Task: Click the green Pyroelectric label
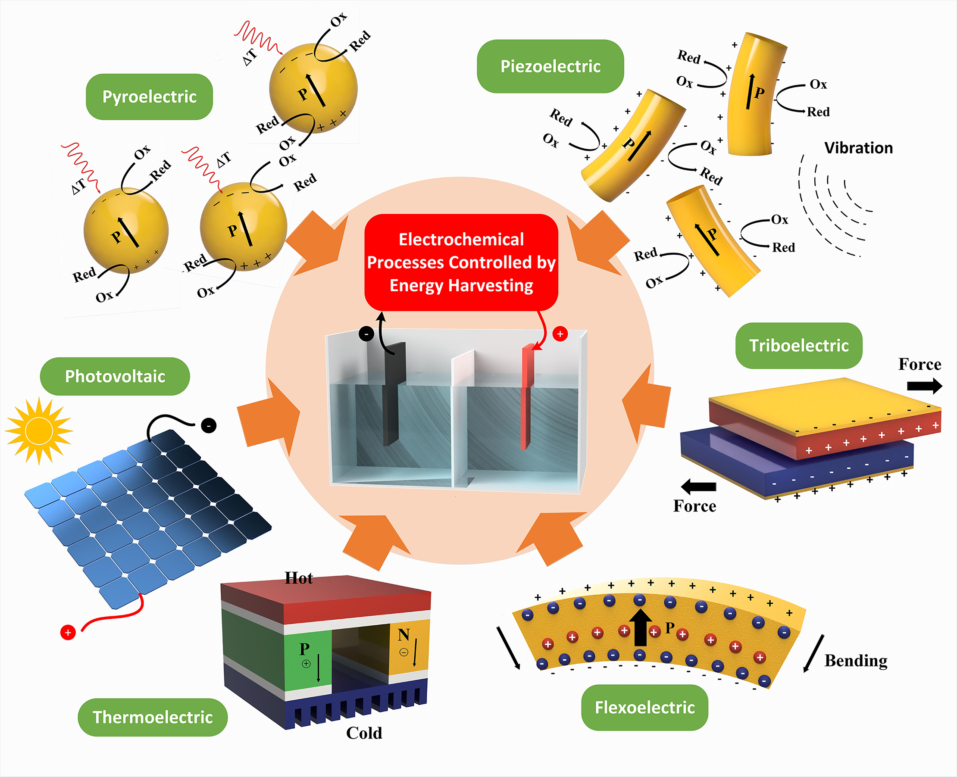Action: click(149, 97)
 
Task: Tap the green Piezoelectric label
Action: click(550, 66)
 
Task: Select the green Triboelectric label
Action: click(798, 346)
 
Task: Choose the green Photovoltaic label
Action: click(115, 376)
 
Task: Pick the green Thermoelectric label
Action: click(153, 717)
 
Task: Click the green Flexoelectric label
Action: click(644, 707)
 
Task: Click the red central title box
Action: click(461, 262)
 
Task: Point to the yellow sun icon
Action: click(39, 431)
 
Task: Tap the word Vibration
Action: click(858, 148)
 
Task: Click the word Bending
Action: click(856, 661)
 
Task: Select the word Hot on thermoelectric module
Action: click(299, 578)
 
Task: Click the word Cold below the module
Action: click(364, 733)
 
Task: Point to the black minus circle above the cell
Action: click(366, 334)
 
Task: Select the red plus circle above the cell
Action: click(560, 334)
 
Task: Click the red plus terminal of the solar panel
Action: click(68, 633)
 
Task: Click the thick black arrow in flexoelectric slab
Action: click(640, 627)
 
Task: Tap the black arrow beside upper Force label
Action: click(924, 386)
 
